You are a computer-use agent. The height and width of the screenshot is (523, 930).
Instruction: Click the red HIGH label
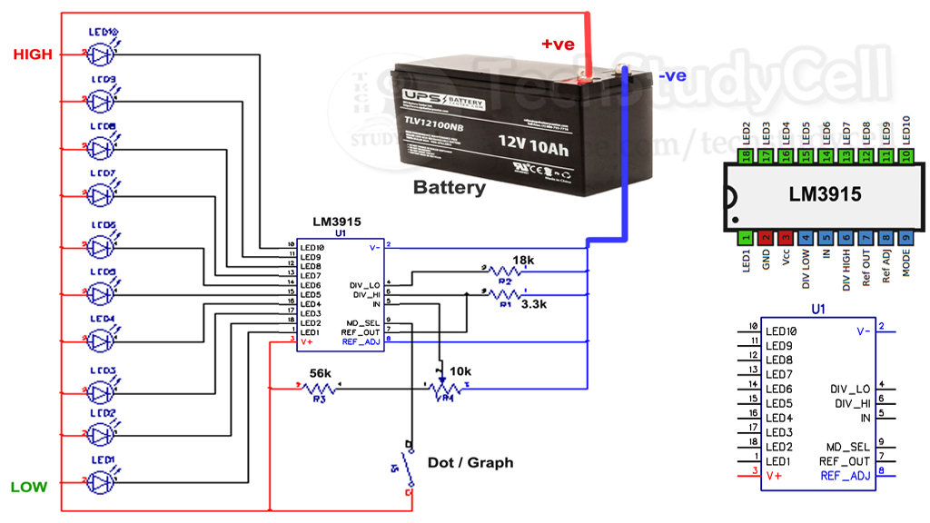pyautogui.click(x=33, y=55)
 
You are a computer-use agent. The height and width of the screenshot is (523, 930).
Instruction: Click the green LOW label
pyautogui.click(x=28, y=488)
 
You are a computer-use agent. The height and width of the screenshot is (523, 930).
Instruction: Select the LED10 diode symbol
pyautogui.click(x=103, y=54)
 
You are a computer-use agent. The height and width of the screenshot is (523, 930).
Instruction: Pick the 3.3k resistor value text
pyautogui.click(x=534, y=306)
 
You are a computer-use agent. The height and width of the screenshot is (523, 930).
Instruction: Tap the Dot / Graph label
pyautogui.click(x=470, y=463)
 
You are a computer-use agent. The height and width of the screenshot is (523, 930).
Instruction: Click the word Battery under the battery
pyautogui.click(x=449, y=189)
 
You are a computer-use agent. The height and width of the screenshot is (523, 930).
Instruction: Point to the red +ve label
pyautogui.click(x=559, y=44)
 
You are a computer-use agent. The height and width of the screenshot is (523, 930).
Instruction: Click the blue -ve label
pyautogui.click(x=672, y=76)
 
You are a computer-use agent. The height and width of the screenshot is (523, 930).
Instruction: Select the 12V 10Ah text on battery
pyautogui.click(x=533, y=143)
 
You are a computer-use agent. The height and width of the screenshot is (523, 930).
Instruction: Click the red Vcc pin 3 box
pyautogui.click(x=786, y=238)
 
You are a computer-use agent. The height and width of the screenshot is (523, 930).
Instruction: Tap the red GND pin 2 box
pyautogui.click(x=766, y=238)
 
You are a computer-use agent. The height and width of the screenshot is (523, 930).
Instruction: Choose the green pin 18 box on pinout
pyautogui.click(x=746, y=156)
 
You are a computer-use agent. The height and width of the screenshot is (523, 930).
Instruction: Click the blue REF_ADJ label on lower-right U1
pyautogui.click(x=845, y=476)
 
